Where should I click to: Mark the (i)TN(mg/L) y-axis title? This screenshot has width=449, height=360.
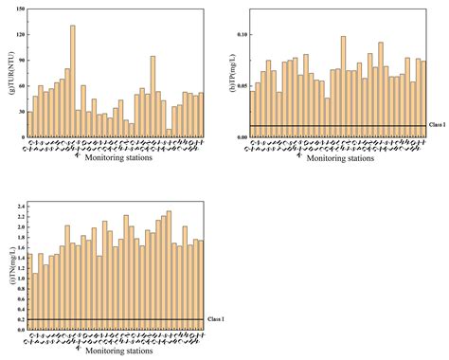(x=9, y=266)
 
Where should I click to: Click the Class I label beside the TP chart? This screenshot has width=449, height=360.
(x=437, y=126)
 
